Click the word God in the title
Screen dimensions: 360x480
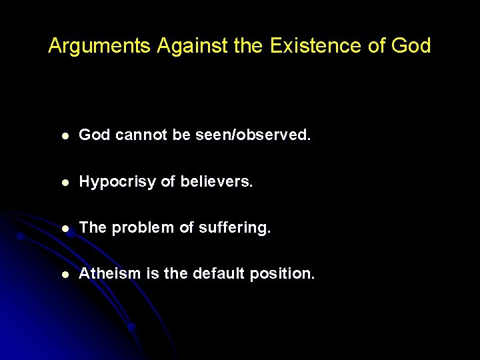(x=411, y=46)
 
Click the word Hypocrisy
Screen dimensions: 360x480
(x=117, y=181)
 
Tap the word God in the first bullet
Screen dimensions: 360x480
(x=94, y=135)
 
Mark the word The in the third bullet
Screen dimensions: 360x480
(x=93, y=228)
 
